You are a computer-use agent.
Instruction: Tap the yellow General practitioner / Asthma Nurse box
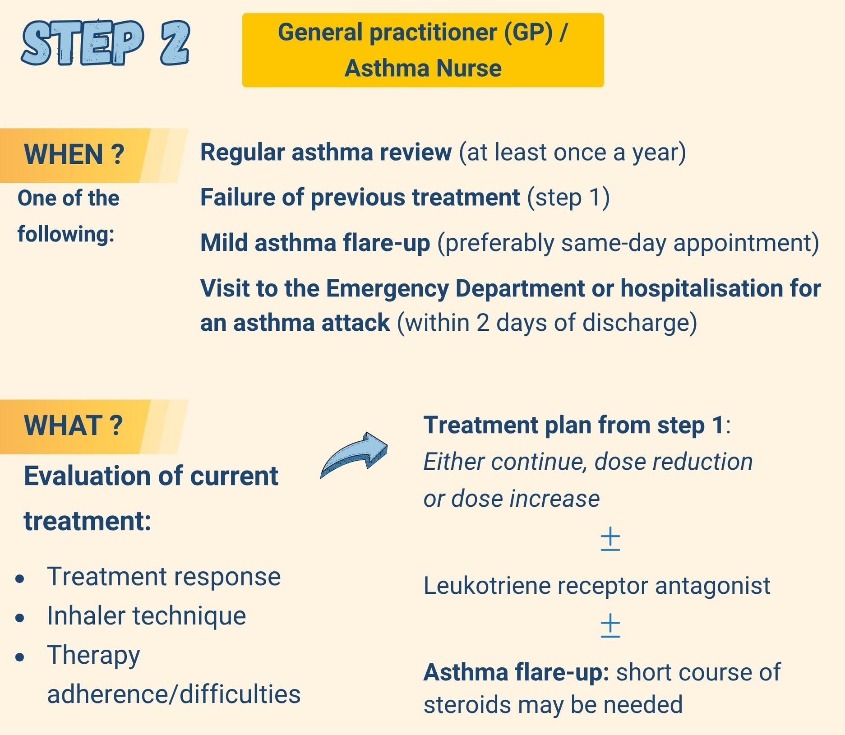coord(423,50)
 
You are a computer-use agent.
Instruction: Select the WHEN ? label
coord(74,154)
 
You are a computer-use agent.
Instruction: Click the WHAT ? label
coord(73,425)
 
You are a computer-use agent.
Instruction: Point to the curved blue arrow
coord(354,455)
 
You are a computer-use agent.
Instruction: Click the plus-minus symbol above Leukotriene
coord(610,539)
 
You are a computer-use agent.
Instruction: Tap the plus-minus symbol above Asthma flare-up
coord(610,625)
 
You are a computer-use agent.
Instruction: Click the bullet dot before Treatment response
coord(20,579)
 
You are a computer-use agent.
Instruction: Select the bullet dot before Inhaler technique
coord(20,618)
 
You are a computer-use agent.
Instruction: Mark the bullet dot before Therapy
coord(20,657)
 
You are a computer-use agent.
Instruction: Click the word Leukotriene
coord(487,586)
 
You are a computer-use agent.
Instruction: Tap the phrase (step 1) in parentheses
coord(568,198)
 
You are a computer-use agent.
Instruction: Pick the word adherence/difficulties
coord(174,694)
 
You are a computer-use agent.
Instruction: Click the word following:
coord(66,235)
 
